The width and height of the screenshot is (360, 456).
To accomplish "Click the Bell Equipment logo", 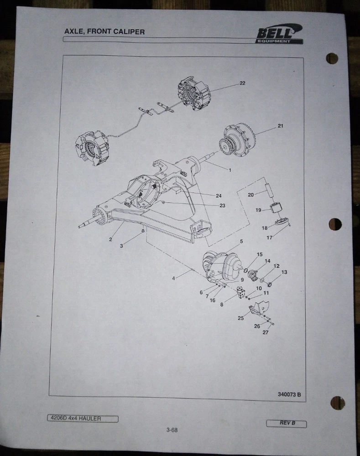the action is click(x=279, y=34).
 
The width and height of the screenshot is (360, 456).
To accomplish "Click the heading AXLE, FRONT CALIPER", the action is click(x=104, y=31).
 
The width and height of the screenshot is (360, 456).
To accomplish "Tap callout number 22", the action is click(x=242, y=83).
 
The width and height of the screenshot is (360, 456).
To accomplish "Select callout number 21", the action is click(x=280, y=126).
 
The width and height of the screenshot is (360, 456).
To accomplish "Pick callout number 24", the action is click(x=219, y=196).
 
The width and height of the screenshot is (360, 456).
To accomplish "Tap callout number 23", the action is click(x=222, y=206).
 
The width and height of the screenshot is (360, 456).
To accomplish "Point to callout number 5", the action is click(x=241, y=241).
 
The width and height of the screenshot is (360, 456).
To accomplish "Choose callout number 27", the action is click(x=266, y=332).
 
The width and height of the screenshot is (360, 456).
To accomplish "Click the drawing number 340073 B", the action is click(x=289, y=394).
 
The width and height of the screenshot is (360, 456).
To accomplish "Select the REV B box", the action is click(x=287, y=424).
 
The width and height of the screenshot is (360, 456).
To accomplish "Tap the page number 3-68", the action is click(x=172, y=430).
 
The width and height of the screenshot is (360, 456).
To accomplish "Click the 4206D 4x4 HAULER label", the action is click(x=83, y=419).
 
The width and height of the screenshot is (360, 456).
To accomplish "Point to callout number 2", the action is click(x=110, y=240).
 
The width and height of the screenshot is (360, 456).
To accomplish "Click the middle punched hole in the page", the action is click(x=335, y=224).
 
